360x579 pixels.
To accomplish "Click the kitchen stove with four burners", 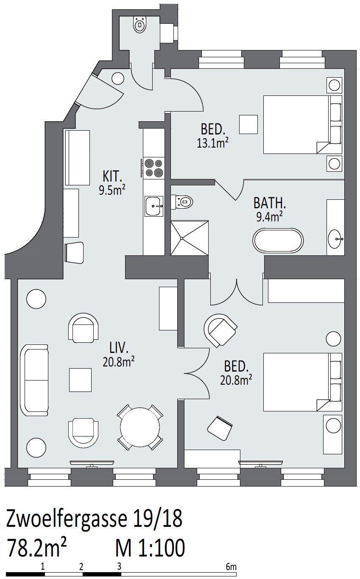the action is (x=153, y=168).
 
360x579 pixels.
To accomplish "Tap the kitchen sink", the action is (x=154, y=206).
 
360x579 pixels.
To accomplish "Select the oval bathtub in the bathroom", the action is (x=278, y=240).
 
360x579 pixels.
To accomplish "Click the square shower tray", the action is (x=190, y=238).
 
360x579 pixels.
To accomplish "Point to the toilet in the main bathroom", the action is (x=182, y=201).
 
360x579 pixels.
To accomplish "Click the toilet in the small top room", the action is (x=140, y=24).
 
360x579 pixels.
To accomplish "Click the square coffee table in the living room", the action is (x=80, y=380).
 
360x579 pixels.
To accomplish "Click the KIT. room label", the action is (x=112, y=177).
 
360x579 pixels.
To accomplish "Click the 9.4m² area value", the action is (x=269, y=216).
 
